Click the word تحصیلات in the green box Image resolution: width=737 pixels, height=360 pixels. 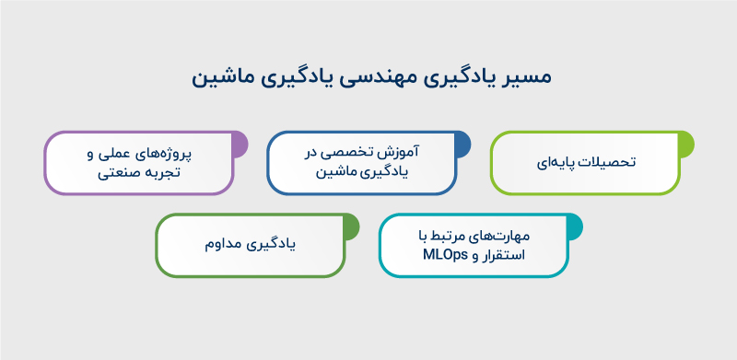(x=607, y=163)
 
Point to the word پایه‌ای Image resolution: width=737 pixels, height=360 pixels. (x=555, y=163)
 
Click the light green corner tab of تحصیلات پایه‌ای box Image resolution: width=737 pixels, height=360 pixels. (x=686, y=143)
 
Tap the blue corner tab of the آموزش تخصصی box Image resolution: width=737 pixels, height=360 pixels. (x=462, y=143)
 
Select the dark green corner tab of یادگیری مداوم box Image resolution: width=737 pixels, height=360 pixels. (x=350, y=226)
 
